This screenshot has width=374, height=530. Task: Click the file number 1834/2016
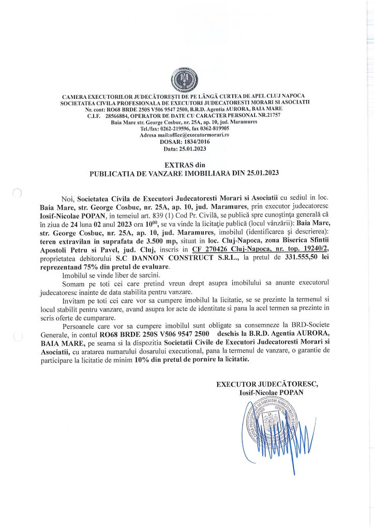(193, 141)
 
